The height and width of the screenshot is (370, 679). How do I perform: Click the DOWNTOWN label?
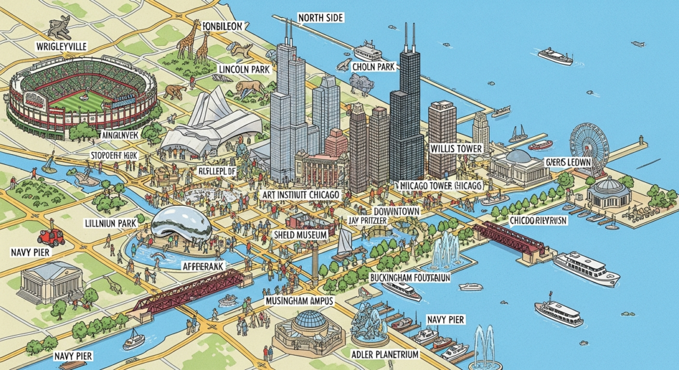(396, 211)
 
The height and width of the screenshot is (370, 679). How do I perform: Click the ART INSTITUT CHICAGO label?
(301, 195)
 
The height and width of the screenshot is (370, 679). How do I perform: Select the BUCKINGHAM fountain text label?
(410, 278)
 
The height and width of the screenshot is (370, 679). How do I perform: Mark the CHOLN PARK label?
(373, 67)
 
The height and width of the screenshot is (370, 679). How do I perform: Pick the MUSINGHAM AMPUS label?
(300, 302)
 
